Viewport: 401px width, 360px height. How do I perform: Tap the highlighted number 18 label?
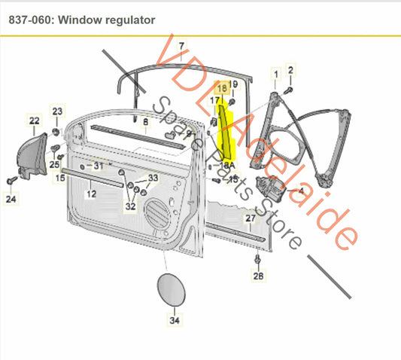223,87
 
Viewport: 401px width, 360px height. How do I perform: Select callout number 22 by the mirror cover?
35,120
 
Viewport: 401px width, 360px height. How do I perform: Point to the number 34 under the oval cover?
175,321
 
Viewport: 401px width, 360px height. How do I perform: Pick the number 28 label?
259,277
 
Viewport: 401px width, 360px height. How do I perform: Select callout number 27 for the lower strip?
251,218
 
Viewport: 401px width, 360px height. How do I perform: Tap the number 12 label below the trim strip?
91,194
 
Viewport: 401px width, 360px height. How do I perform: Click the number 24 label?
10,200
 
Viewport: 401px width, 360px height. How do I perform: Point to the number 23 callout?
58,111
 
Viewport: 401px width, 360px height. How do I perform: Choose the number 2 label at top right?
291,70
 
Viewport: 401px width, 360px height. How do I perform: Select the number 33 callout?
153,178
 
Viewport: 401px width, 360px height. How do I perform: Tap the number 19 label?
233,84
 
